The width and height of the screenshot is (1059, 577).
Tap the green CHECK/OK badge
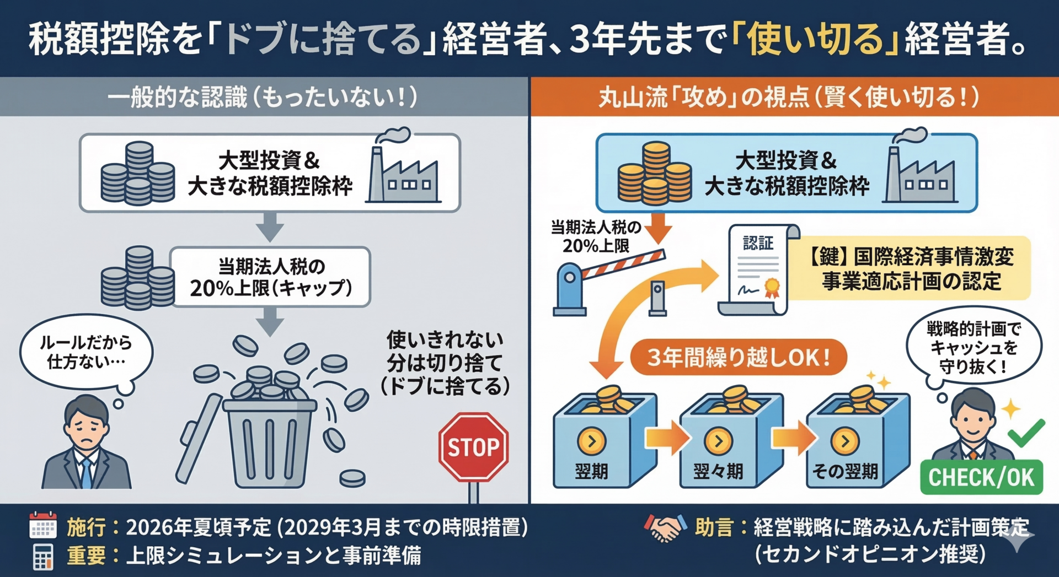[x=981, y=477]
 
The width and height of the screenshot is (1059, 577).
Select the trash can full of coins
[x=270, y=435]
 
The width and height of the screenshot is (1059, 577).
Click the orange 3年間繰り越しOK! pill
[x=739, y=358]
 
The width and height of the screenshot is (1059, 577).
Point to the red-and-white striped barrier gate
[x=623, y=265]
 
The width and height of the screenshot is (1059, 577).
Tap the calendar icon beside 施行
[x=43, y=526]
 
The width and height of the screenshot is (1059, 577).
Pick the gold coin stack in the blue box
[x=654, y=174]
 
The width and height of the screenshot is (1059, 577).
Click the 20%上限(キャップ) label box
[x=270, y=277]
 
